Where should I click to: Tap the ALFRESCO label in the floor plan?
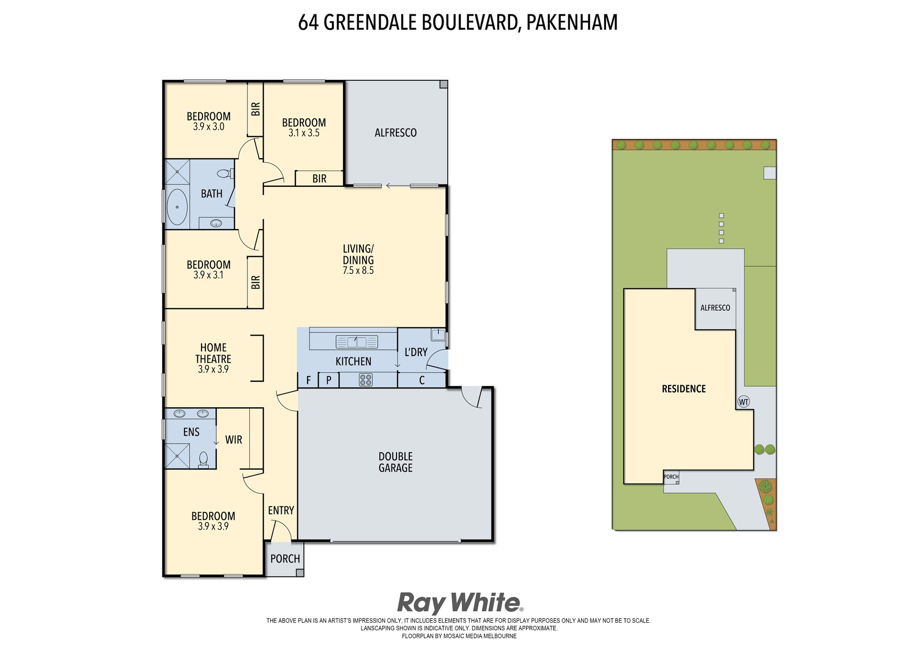[395, 133]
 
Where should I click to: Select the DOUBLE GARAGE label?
[395, 462]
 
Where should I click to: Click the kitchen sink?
[357, 342]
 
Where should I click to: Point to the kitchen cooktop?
[365, 380]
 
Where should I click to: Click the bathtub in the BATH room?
[177, 207]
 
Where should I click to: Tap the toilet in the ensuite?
[203, 459]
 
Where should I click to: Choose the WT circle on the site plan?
[744, 401]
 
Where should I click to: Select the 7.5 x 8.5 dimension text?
[358, 270]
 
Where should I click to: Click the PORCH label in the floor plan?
[285, 559]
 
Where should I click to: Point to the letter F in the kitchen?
[309, 380]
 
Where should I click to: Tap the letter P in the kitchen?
[329, 380]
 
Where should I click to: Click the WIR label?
[234, 440]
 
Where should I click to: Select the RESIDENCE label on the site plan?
[683, 389]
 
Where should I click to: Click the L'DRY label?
[416, 352]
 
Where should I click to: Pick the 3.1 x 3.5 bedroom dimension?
[304, 133]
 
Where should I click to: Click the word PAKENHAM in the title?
[572, 22]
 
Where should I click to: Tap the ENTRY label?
[281, 510]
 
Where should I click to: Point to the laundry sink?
[438, 335]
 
